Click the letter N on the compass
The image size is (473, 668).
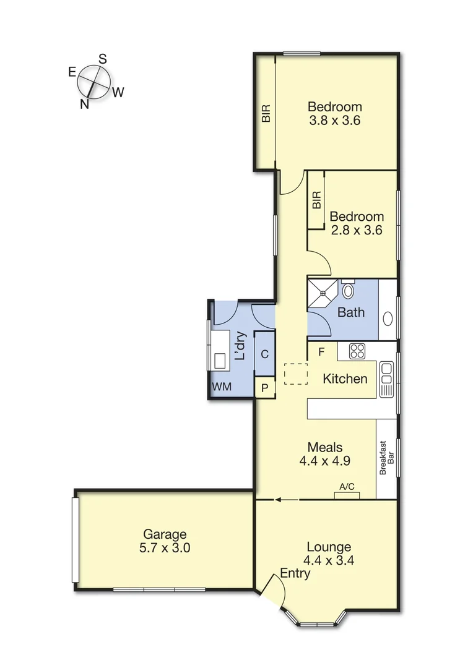(84, 104)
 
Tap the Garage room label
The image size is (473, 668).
(165, 534)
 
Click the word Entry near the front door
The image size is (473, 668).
(295, 573)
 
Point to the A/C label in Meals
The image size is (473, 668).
(347, 487)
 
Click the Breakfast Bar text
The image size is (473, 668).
(387, 457)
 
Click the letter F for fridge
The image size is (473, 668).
(321, 353)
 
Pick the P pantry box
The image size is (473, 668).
(265, 388)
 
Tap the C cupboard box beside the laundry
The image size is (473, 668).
(264, 354)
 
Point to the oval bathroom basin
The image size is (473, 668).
(388, 319)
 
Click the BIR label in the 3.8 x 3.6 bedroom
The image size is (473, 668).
(266, 113)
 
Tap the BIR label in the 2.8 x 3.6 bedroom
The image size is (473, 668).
(316, 200)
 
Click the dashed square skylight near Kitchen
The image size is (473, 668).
(295, 374)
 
